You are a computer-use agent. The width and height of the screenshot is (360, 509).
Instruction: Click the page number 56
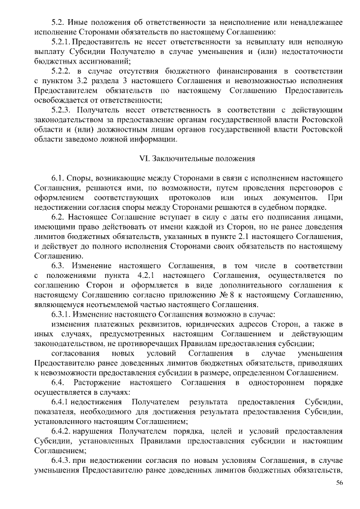(339, 483)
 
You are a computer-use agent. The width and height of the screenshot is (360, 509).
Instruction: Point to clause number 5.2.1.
(61, 42)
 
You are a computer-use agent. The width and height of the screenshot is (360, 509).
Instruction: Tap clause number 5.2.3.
(62, 110)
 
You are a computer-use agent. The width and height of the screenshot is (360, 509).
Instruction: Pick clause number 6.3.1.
(62, 314)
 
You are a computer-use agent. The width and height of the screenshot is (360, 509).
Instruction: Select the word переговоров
(312, 188)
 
